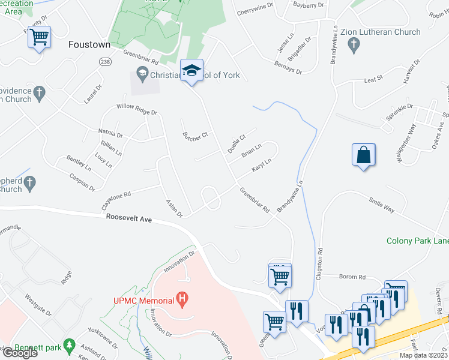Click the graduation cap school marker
[x=192, y=71]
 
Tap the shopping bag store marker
[x=363, y=155]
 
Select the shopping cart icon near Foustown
[x=40, y=37]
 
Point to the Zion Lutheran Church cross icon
[x=354, y=44]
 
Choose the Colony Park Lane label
[x=417, y=241]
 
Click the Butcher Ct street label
[x=195, y=135]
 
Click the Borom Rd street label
[x=352, y=277]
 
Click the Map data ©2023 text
[x=423, y=355]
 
